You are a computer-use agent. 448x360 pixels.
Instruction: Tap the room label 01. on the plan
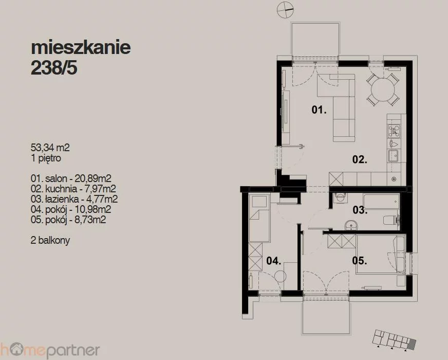(319, 110)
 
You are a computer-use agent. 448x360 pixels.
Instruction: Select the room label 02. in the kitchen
(360, 159)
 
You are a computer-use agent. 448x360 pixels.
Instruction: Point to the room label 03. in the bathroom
(360, 210)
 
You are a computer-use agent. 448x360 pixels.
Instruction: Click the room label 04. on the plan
(274, 261)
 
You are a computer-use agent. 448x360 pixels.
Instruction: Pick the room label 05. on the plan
(360, 261)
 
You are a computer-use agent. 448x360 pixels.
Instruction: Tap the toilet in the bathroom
(391, 220)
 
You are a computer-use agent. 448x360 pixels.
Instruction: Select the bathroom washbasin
(351, 225)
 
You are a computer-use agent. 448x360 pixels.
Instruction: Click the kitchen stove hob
(394, 131)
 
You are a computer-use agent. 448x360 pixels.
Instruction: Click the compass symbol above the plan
(286, 9)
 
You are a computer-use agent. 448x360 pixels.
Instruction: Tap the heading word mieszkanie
(81, 47)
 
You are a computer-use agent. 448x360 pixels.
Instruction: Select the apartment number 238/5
(54, 68)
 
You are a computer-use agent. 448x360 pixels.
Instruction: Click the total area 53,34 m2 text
(50, 148)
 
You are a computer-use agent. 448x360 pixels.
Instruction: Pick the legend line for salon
(71, 178)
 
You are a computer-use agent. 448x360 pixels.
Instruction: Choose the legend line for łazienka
(74, 199)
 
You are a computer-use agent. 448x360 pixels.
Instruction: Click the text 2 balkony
(50, 240)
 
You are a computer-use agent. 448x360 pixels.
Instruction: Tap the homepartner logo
(50, 350)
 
